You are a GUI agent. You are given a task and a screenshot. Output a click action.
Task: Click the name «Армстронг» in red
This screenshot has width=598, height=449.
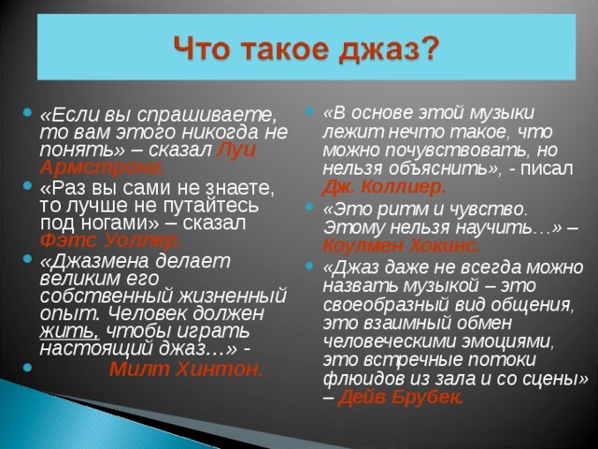pyautogui.click(x=102, y=167)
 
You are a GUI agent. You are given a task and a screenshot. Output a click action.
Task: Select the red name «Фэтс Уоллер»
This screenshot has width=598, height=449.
pyautogui.click(x=111, y=240)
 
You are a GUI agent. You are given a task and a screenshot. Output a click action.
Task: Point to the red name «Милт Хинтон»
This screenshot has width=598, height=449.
pyautogui.click(x=187, y=369)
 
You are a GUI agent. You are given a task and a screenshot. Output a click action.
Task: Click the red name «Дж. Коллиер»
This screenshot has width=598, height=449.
pyautogui.click(x=384, y=187)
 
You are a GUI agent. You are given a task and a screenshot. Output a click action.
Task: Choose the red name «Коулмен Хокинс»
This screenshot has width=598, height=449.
pyautogui.click(x=401, y=246)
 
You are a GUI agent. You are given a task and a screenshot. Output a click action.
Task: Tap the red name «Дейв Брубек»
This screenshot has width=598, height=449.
pyautogui.click(x=401, y=398)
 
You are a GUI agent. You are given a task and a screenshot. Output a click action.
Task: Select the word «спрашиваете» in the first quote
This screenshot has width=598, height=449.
pyautogui.click(x=206, y=115)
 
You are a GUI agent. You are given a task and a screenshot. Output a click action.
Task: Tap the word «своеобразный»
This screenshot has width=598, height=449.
pyautogui.click(x=385, y=305)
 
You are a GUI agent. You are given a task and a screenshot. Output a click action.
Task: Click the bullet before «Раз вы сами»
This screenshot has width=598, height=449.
pyautogui.click(x=27, y=185)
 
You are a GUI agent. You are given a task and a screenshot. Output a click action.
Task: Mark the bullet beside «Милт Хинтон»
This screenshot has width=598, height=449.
pyautogui.click(x=27, y=367)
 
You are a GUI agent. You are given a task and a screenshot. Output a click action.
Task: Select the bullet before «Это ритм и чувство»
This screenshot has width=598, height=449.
pyautogui.click(x=309, y=207)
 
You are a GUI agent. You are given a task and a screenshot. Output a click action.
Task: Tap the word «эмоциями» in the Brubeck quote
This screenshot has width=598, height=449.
pyautogui.click(x=507, y=341)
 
